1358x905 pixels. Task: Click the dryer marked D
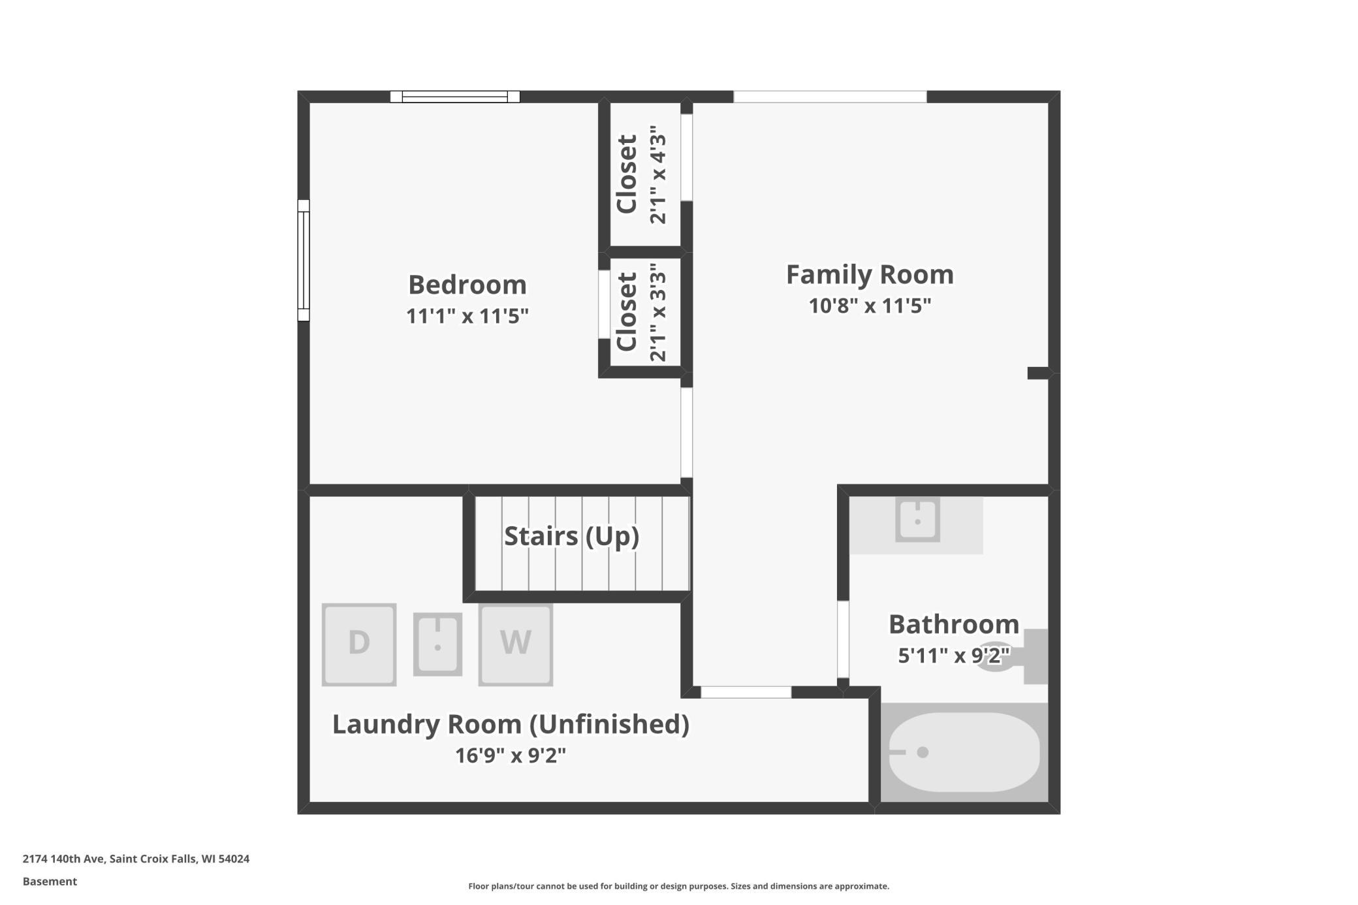[359, 644]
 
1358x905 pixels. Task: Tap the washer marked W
[516, 644]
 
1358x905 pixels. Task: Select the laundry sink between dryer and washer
[437, 644]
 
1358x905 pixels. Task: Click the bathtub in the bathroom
[964, 752]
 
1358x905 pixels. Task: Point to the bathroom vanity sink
[917, 520]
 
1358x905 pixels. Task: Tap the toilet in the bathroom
[1018, 656]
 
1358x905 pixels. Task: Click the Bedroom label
[467, 285]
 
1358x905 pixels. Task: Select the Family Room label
[870, 274]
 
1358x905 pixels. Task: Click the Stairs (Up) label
[571, 536]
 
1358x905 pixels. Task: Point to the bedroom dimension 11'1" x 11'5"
[467, 316]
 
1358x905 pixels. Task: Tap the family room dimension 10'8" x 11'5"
[870, 306]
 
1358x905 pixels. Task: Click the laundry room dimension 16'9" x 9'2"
[511, 755]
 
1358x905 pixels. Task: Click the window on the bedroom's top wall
[455, 97]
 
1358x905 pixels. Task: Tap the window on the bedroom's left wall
[304, 260]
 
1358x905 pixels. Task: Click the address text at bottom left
[136, 859]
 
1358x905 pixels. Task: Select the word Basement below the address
[50, 881]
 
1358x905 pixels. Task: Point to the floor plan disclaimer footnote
[679, 886]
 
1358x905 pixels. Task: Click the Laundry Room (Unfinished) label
[511, 724]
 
